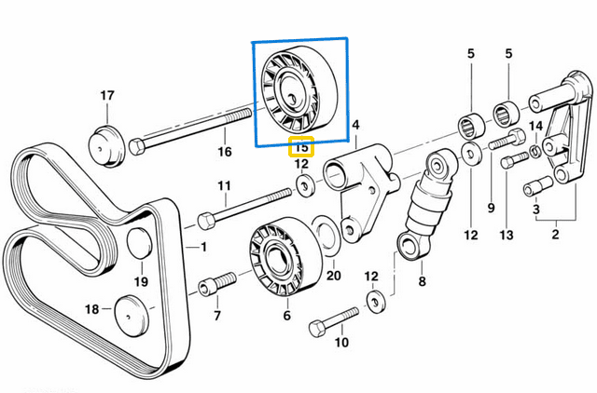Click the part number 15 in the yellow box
click(x=301, y=146)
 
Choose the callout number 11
click(x=223, y=186)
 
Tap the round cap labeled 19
click(x=138, y=242)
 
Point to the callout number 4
click(x=354, y=124)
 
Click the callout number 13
click(x=506, y=236)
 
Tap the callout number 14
click(x=535, y=126)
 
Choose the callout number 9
click(x=491, y=207)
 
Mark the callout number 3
click(x=536, y=211)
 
